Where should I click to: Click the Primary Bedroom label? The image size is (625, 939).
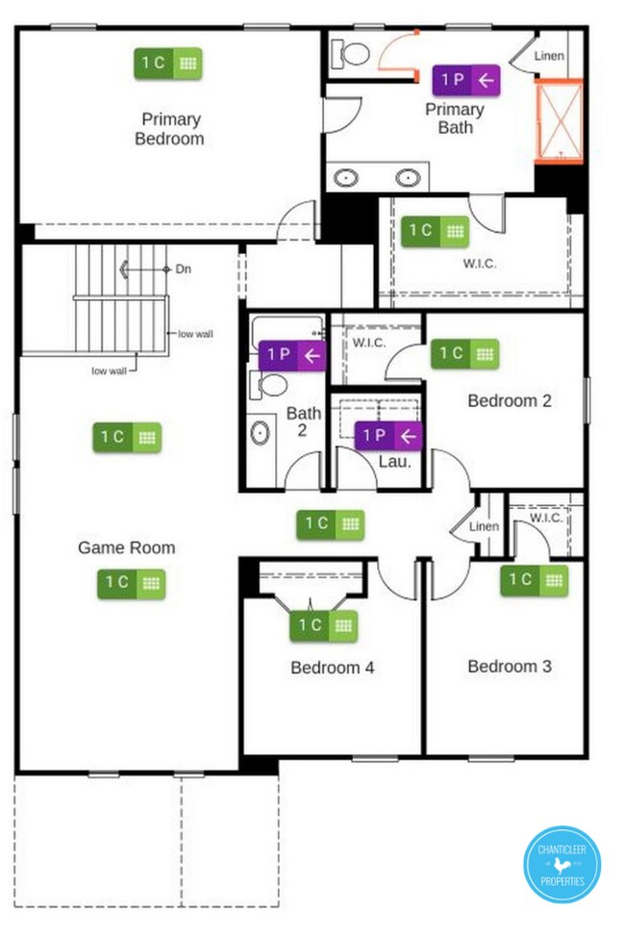click(169, 129)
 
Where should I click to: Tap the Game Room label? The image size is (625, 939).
click(126, 547)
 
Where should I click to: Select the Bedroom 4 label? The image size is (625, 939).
click(333, 667)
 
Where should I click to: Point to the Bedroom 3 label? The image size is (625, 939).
click(510, 666)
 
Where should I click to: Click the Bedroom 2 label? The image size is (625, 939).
click(510, 400)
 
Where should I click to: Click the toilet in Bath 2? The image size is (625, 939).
click(269, 385)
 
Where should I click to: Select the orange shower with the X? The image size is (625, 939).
click(560, 121)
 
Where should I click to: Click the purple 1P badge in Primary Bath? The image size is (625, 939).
click(465, 80)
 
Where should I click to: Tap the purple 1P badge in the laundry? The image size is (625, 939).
click(387, 436)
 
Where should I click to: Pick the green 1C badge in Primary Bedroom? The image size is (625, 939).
click(167, 63)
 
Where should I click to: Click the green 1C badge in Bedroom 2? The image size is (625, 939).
click(464, 353)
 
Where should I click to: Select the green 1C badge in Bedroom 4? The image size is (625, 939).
click(323, 625)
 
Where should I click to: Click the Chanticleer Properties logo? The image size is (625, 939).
click(562, 864)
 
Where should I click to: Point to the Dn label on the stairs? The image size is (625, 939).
click(184, 268)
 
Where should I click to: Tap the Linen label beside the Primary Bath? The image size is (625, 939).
click(549, 56)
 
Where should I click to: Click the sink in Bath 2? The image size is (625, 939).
click(260, 432)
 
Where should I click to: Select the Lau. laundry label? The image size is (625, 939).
click(394, 461)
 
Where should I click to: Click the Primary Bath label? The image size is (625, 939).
click(455, 118)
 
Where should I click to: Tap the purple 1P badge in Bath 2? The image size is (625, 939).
click(292, 355)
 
